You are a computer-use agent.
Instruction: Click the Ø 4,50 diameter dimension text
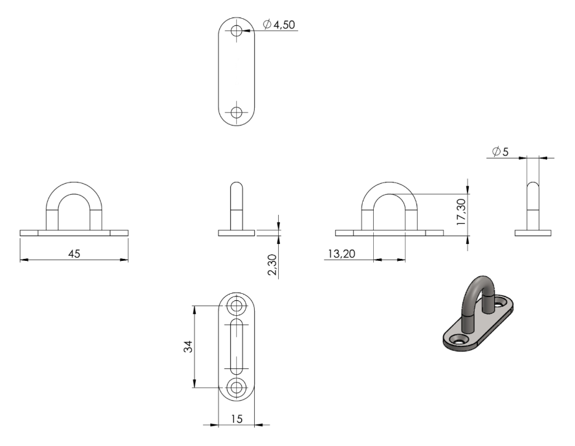(x=279, y=25)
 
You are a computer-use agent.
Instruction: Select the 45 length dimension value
(x=74, y=254)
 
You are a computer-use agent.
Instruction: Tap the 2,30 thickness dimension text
(x=272, y=265)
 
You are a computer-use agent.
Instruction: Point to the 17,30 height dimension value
(x=461, y=212)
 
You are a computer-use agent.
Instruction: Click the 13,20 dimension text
(x=342, y=254)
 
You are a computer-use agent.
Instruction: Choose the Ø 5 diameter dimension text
(x=501, y=151)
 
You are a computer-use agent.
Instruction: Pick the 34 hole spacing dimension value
(x=188, y=346)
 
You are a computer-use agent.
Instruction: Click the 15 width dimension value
(x=237, y=419)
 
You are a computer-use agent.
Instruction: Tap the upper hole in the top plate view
(x=237, y=30)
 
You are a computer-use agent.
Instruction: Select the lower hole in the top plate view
(x=237, y=112)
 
